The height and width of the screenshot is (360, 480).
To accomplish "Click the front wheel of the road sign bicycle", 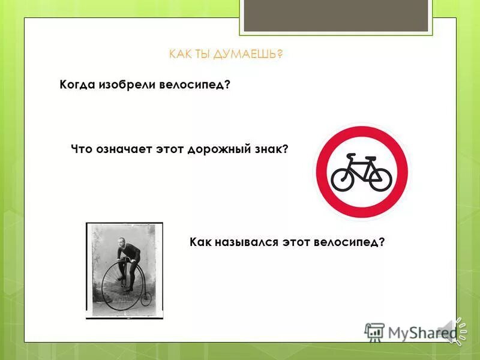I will (380, 179).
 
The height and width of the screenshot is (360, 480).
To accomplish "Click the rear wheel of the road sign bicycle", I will (344, 179).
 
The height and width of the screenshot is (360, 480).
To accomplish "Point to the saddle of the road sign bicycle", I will (352, 157).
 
